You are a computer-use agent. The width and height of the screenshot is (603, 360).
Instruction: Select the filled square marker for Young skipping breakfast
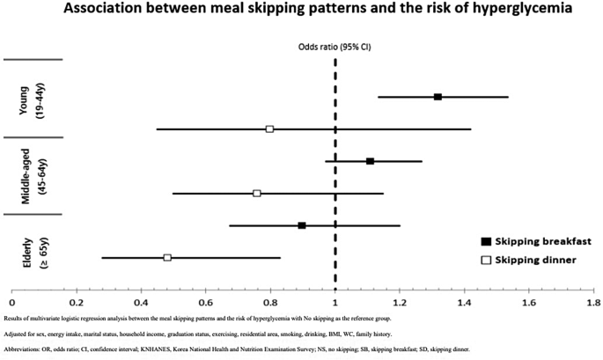coord(438,96)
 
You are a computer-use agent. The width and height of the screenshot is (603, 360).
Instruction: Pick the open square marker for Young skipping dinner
coord(269,129)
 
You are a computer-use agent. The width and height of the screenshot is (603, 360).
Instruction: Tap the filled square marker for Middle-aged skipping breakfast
coord(370,161)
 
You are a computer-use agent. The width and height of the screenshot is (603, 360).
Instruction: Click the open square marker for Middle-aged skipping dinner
coord(256,193)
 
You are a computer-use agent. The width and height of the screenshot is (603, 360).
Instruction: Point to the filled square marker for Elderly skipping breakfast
coord(302,225)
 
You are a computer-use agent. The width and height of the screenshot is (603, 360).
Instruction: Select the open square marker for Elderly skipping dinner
coord(167,257)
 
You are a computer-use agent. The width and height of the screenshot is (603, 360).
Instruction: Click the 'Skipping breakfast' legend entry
coord(535,241)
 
